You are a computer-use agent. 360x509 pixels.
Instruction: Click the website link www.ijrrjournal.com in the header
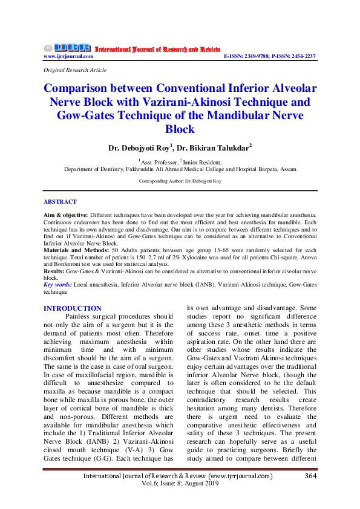[x=68, y=56]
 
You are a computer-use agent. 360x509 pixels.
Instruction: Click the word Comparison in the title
[x=84, y=88]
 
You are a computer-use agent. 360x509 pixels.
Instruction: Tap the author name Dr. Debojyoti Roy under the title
[x=139, y=147]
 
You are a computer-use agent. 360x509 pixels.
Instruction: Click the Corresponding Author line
[x=180, y=181]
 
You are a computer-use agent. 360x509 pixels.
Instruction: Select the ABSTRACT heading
[x=60, y=201]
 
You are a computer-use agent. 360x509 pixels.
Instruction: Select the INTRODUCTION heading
[x=73, y=308]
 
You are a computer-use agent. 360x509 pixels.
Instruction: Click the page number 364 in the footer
[x=310, y=476]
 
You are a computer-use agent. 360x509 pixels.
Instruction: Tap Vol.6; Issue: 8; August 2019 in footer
[x=180, y=485]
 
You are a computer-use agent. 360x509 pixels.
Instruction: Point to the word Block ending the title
[x=180, y=129]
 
